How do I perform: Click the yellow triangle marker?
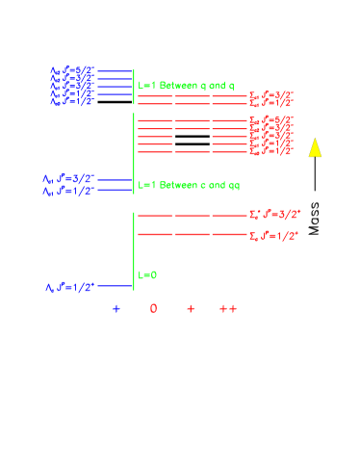pos(315,147)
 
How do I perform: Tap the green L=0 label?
pos(147,275)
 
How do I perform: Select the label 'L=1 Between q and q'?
pos(186,86)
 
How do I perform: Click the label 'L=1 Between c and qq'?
pos(186,184)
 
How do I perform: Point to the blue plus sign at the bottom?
pos(116,309)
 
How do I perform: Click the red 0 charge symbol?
pos(153,309)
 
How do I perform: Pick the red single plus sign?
pos(191,309)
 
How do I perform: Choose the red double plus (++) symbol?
pos(227,309)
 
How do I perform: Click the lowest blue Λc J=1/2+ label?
pos(69,287)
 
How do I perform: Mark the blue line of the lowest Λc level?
pos(115,286)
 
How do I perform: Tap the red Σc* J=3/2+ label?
pos(273,216)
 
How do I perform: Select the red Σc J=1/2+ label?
pos(273,235)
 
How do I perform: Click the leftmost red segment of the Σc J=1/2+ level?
pos(154,234)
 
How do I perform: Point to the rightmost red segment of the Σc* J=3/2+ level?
pos(229,216)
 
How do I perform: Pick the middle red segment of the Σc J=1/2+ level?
pos(192,234)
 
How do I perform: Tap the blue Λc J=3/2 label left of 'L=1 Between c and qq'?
pos(68,179)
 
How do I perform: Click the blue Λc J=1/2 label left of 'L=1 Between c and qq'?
pos(68,192)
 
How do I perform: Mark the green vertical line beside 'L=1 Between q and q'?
pos(134,86)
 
